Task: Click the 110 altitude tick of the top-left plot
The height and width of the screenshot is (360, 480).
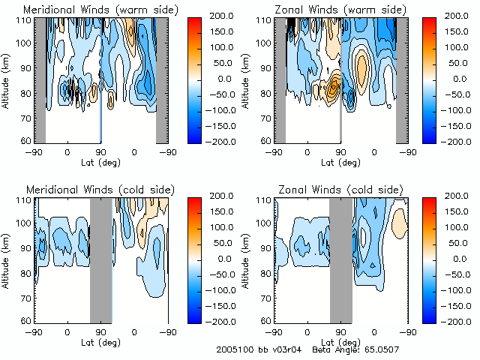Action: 25,21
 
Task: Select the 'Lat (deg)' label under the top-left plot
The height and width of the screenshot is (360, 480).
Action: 101,162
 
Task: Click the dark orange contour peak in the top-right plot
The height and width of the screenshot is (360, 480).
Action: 334,88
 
